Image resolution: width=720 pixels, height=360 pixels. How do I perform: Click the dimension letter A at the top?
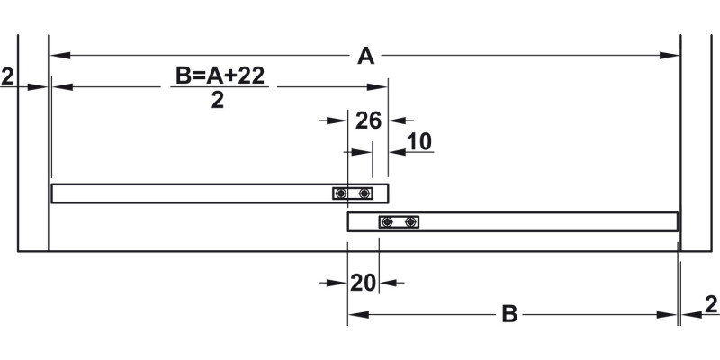pos(365,57)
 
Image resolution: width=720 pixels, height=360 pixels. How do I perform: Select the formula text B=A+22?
pos(220,76)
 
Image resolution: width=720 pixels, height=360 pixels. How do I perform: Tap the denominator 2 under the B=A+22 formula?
pos(217,100)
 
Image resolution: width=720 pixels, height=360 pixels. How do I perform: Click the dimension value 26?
pos(368,121)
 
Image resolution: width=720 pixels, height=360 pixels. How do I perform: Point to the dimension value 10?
pos(419,142)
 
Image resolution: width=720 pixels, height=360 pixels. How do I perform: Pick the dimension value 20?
pos(363,283)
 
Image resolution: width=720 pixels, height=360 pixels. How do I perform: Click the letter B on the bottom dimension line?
pos(509,315)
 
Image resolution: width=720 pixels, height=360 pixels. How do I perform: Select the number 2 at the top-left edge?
pos(7,76)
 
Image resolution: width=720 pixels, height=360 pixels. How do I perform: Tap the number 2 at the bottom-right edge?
pos(711,304)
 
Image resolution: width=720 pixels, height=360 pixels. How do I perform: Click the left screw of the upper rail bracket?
pos(340,193)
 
